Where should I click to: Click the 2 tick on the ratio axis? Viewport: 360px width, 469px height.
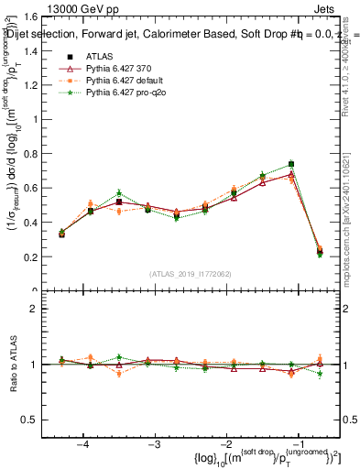(43, 309)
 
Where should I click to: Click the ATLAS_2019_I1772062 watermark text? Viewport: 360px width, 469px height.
(191, 274)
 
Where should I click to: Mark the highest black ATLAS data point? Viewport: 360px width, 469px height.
(291, 164)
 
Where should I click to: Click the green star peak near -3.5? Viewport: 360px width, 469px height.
(119, 193)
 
